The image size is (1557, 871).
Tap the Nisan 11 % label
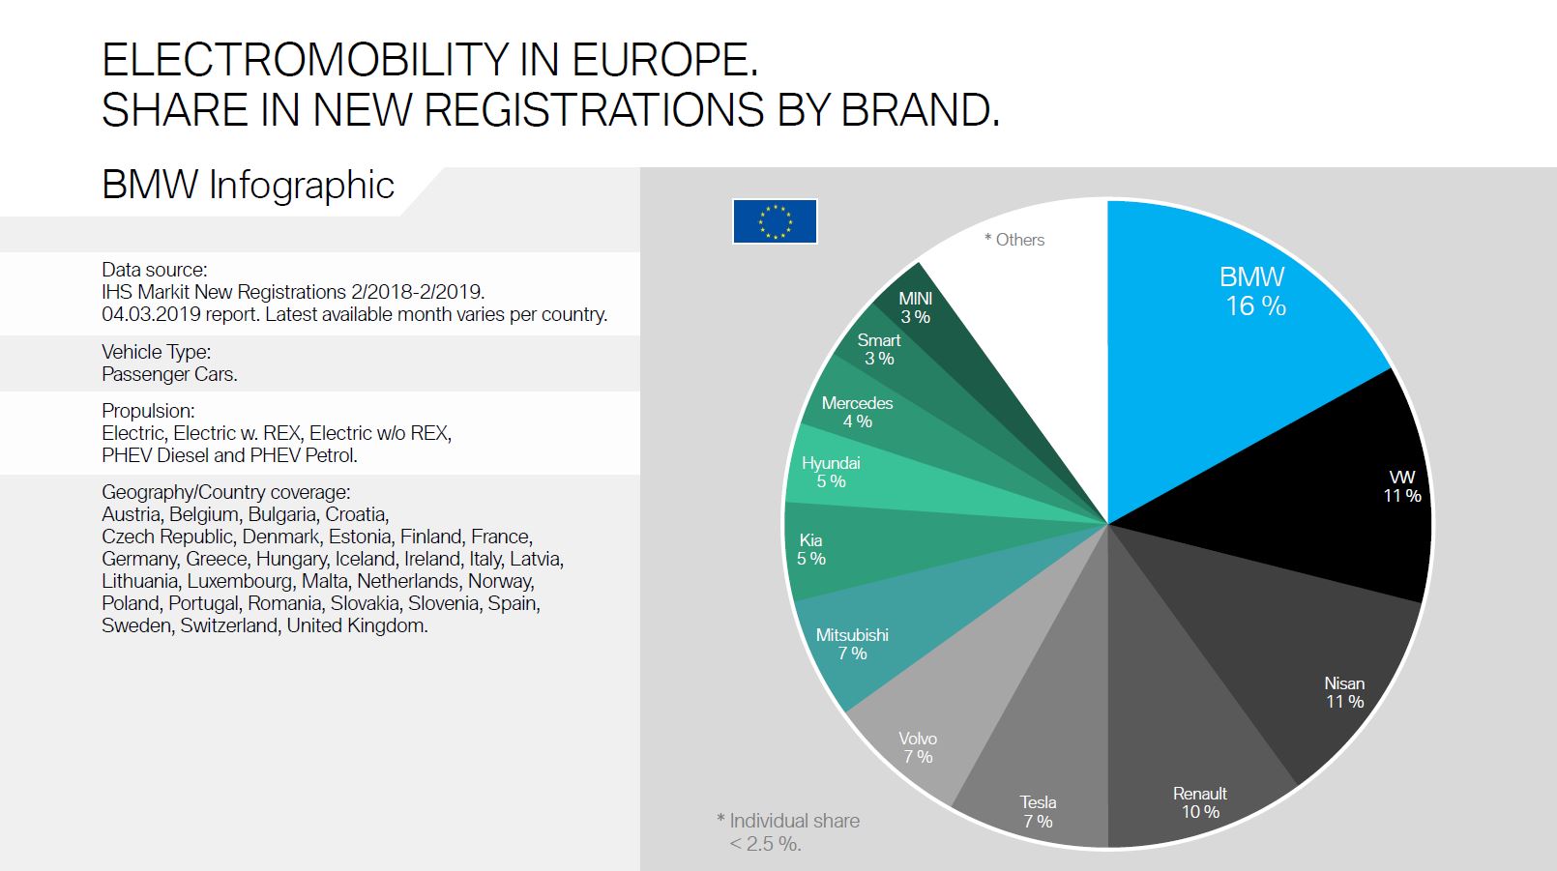(1344, 692)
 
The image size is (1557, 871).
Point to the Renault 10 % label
(1200, 802)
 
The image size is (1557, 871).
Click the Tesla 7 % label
(1038, 812)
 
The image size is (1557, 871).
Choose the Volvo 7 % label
(918, 747)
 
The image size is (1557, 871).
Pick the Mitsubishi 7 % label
(852, 644)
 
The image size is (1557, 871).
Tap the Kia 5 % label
(811, 549)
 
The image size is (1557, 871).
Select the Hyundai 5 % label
(831, 472)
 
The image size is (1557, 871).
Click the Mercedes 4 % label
(857, 412)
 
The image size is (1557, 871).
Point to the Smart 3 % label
(878, 349)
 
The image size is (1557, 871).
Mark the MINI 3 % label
(915, 307)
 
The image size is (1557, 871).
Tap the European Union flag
(775, 221)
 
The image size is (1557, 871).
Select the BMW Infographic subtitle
(248, 185)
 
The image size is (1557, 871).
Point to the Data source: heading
(155, 270)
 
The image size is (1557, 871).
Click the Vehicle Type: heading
(156, 352)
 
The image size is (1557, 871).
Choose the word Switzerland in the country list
(228, 625)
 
